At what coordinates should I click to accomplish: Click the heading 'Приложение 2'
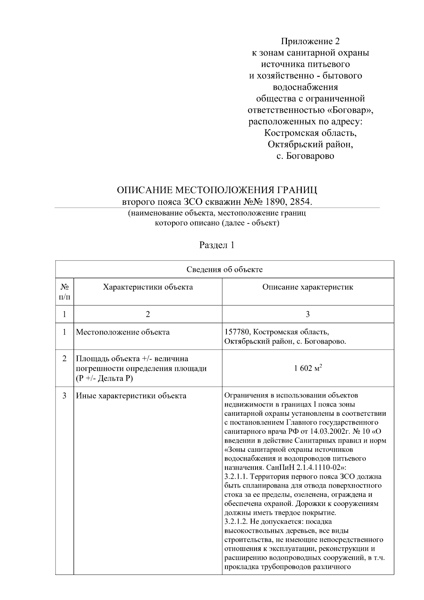(x=310, y=41)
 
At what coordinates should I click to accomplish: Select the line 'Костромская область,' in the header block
(x=310, y=133)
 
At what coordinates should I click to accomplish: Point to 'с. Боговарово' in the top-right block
(x=305, y=156)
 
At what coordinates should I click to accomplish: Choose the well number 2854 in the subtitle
(x=301, y=202)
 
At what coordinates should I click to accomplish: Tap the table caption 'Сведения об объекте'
(x=224, y=269)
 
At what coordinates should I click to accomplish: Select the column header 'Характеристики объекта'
(x=148, y=287)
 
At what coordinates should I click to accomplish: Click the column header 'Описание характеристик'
(x=307, y=287)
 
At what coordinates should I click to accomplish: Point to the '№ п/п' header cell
(x=64, y=291)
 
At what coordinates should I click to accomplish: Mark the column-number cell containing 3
(x=307, y=314)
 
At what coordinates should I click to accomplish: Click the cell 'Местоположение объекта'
(x=123, y=332)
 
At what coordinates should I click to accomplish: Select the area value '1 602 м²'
(x=307, y=368)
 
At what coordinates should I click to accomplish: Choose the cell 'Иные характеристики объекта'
(x=131, y=396)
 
